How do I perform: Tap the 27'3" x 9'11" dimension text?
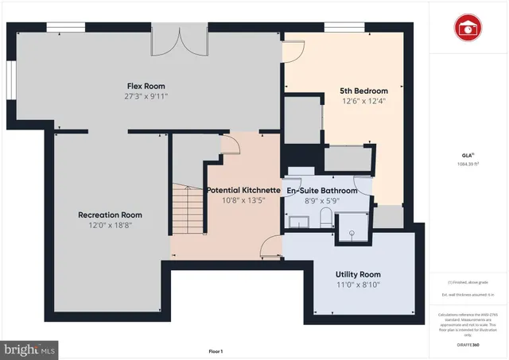146,96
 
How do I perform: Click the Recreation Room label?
110,215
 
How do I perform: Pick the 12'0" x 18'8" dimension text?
110,226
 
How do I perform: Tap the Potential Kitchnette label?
243,191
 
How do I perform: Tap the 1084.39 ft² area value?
468,165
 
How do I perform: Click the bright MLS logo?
30,348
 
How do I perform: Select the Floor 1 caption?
216,350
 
